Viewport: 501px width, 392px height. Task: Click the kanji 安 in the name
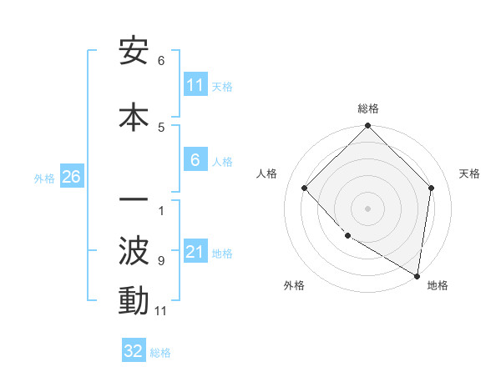click(x=134, y=52)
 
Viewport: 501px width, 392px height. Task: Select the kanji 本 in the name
click(x=134, y=116)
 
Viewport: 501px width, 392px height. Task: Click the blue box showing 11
click(x=195, y=85)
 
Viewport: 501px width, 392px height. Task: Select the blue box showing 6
click(x=195, y=160)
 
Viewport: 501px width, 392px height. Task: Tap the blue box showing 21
click(x=195, y=252)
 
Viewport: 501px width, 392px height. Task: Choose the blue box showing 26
click(x=71, y=177)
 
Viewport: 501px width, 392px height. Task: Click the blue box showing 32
click(x=134, y=351)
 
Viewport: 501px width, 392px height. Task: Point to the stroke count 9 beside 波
click(x=161, y=260)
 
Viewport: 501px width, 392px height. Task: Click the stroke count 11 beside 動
click(x=161, y=311)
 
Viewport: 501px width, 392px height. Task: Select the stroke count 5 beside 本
click(x=161, y=127)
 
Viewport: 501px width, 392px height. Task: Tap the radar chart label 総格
click(x=367, y=108)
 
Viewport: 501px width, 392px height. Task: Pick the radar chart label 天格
click(x=469, y=173)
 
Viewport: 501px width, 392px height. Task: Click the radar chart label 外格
click(x=294, y=285)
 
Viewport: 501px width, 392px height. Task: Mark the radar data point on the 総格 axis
click(x=367, y=127)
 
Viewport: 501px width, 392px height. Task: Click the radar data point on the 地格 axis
click(x=417, y=275)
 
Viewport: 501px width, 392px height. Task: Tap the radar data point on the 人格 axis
click(x=305, y=188)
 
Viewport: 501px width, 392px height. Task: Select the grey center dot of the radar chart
click(x=367, y=209)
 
